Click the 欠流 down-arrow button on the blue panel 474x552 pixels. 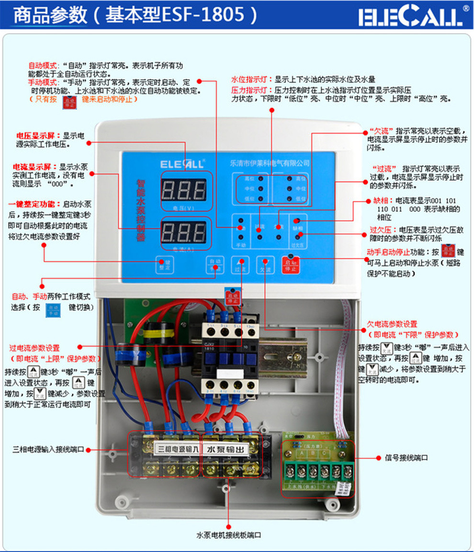tap(265, 265)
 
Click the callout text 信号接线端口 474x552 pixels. tap(406, 458)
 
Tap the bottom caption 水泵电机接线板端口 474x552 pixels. tap(229, 535)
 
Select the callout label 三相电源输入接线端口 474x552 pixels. tap(48, 450)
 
